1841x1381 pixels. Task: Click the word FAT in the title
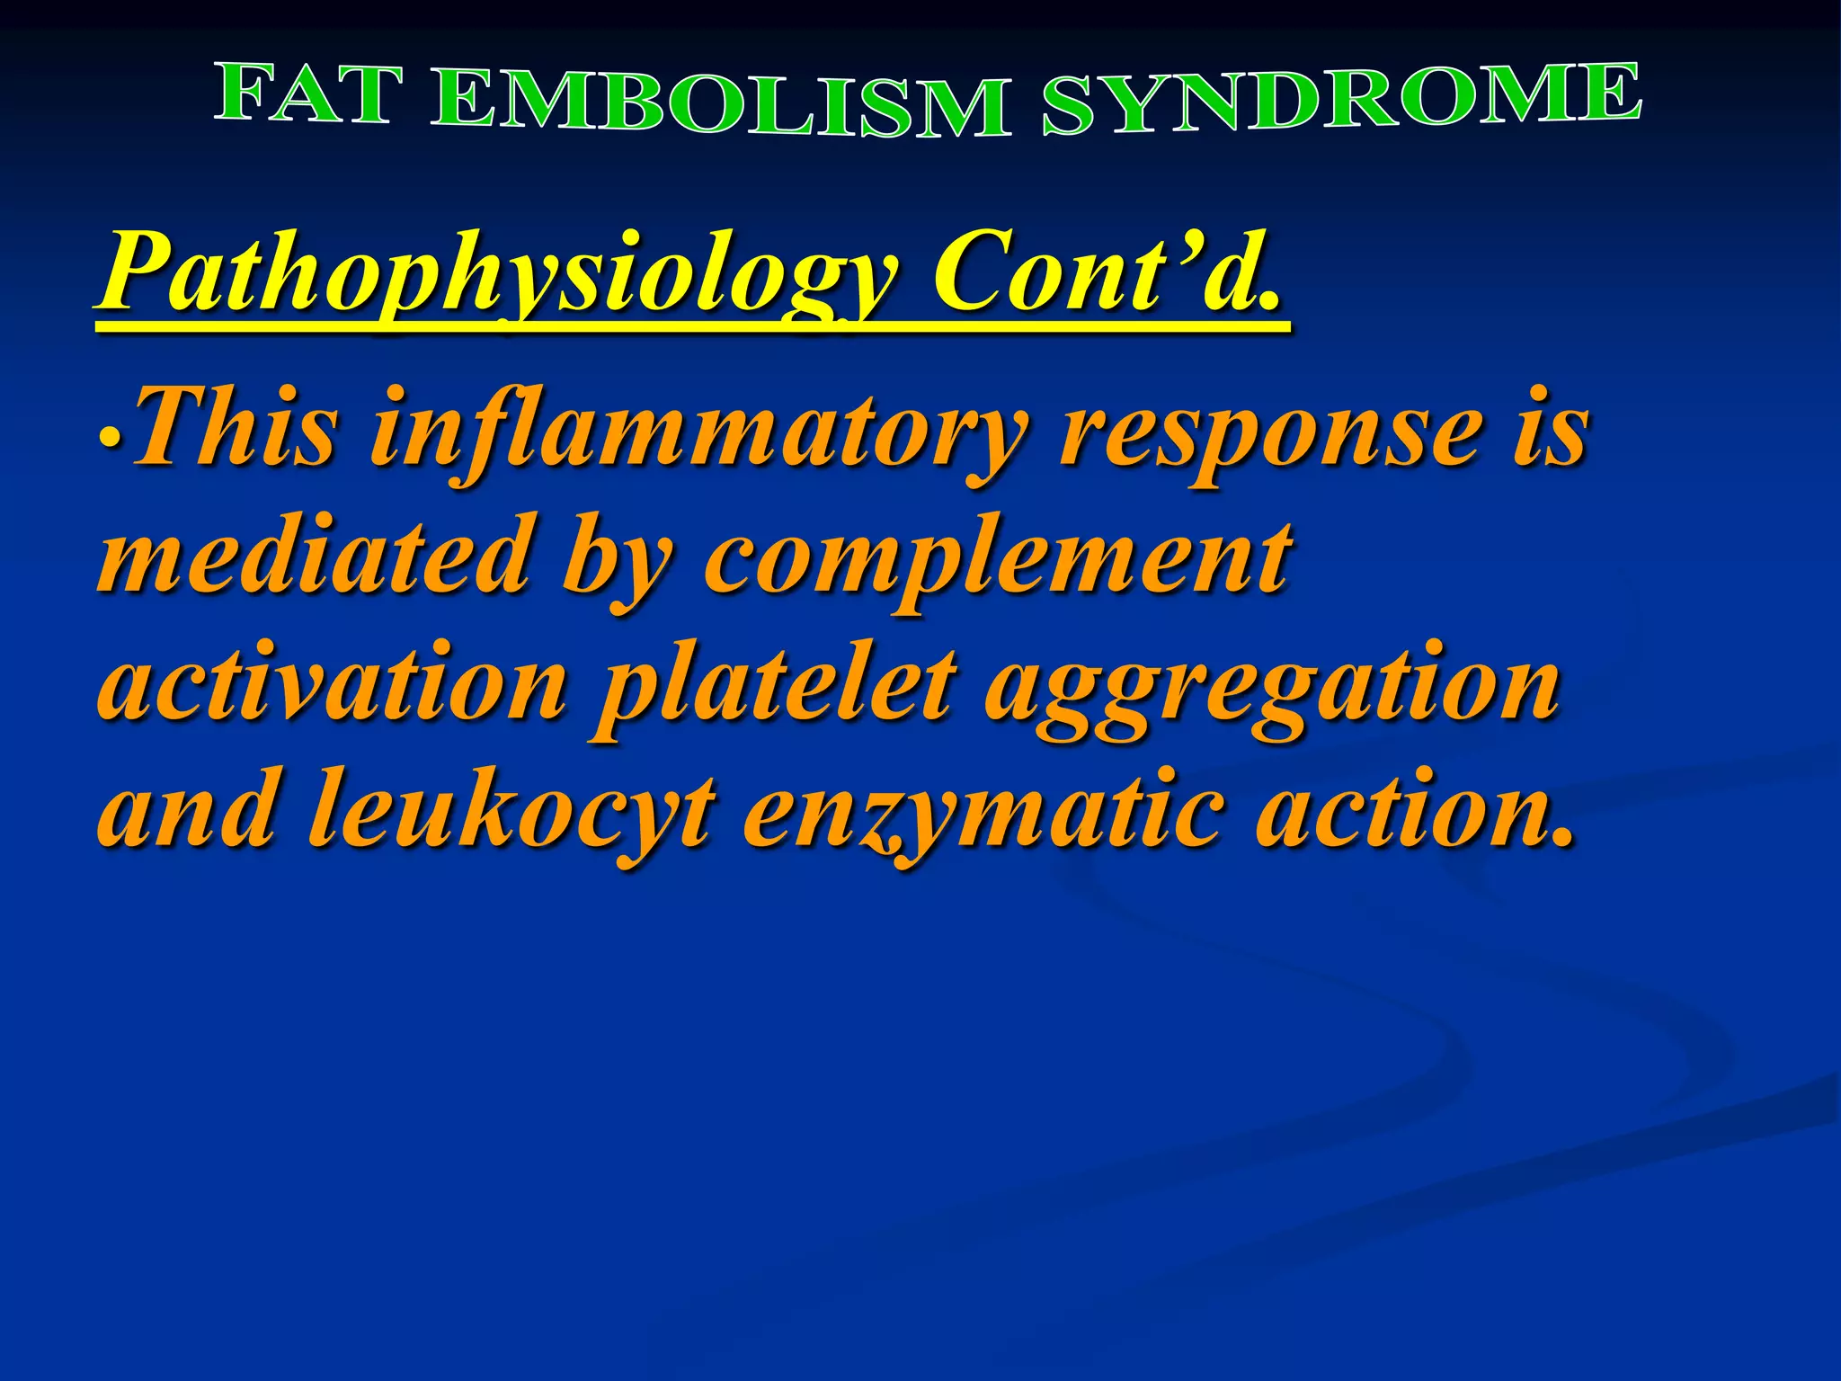(x=306, y=94)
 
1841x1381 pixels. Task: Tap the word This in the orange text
(x=237, y=428)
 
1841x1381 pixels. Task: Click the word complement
(x=998, y=561)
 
